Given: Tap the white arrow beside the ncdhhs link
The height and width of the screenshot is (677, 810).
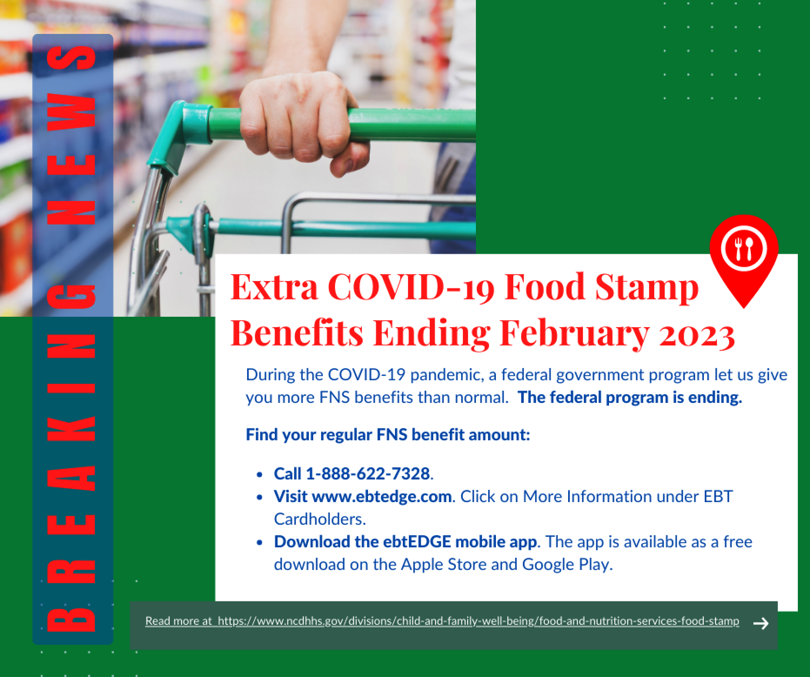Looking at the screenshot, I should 760,623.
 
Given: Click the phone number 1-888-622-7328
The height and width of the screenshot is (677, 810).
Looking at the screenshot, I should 368,473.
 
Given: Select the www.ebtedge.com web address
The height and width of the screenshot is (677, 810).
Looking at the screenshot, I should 382,496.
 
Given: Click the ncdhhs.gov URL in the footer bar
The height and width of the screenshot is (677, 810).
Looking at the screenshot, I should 478,621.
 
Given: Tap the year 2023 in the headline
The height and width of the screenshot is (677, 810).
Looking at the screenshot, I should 697,335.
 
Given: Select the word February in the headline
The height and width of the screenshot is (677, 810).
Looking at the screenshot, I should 574,335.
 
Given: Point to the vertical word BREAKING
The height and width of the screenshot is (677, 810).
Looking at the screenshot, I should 72,457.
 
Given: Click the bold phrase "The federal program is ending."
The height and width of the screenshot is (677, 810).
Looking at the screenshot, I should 630,397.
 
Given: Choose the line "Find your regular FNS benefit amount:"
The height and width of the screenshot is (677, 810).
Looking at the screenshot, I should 388,435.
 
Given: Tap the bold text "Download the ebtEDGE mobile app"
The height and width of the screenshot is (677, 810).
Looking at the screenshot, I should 405,542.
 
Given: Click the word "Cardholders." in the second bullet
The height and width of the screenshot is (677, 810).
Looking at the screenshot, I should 320,519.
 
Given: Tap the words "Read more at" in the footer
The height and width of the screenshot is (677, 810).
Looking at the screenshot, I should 178,621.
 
